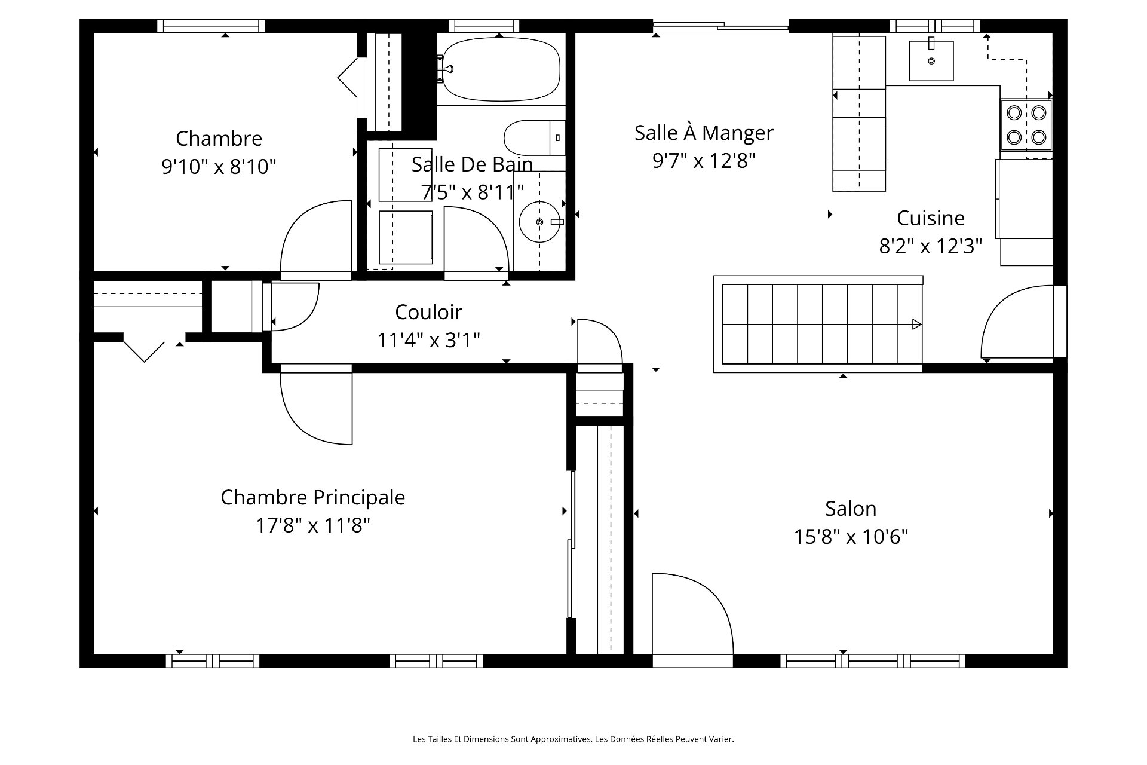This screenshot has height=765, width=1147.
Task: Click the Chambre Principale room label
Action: (313, 497)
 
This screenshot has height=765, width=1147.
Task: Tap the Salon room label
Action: (851, 509)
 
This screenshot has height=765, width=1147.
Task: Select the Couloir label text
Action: (428, 312)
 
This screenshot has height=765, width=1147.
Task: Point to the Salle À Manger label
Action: (704, 132)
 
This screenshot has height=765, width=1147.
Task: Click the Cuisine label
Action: (931, 218)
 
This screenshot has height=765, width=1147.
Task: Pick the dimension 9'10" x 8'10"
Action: (219, 166)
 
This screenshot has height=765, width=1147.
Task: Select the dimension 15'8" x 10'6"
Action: (851, 537)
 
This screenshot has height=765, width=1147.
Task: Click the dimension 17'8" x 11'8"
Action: (313, 525)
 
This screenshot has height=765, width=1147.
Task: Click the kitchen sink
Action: (931, 60)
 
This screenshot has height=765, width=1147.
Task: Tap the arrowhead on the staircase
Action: (916, 325)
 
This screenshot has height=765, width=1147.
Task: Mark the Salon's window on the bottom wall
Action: (873, 660)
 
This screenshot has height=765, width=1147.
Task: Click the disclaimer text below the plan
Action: (573, 739)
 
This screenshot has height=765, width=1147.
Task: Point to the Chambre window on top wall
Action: (211, 26)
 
